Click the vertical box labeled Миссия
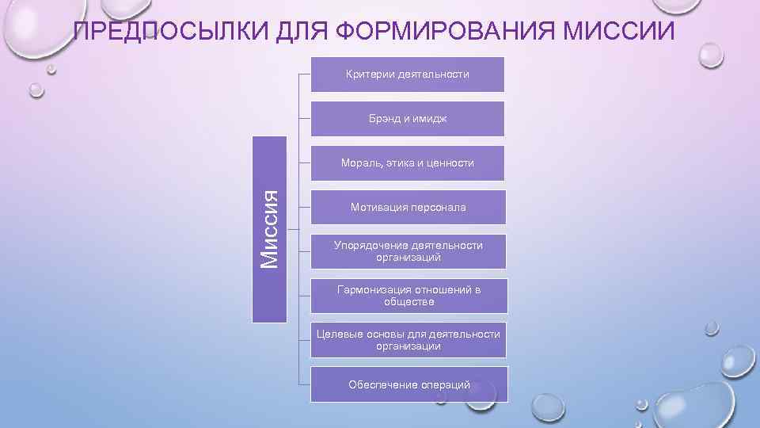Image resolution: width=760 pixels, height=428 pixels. pos(270,230)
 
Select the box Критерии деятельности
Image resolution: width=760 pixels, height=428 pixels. pos(408,75)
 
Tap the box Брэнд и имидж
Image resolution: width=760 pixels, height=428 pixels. pos(408,119)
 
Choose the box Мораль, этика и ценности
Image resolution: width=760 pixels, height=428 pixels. pos(408,163)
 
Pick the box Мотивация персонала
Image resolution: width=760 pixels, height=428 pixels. pos(408,208)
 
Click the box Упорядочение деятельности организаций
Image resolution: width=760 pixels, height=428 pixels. pos(408,251)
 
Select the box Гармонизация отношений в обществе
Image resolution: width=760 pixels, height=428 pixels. pos(408,296)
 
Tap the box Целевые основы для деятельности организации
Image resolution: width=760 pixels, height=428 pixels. pos(408,340)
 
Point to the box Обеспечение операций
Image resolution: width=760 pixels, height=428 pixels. pos(408,384)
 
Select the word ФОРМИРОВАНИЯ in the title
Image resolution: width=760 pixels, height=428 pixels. pos(445,32)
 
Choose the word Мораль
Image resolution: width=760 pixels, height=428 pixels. pos(360,163)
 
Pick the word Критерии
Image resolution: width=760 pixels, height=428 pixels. pos(370,75)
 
